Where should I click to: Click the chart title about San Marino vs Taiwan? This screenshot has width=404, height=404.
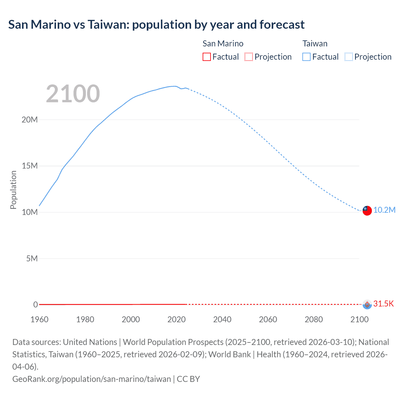156,25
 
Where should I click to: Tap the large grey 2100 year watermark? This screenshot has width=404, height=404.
73,94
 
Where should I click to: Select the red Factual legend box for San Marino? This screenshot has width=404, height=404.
206,57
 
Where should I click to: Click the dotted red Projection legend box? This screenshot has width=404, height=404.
249,57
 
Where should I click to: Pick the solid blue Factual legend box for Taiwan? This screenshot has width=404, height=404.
306,57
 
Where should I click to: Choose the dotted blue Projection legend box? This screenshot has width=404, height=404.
348,57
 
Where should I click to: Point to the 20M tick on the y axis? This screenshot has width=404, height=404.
30,120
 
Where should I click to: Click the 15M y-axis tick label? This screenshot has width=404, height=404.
30,166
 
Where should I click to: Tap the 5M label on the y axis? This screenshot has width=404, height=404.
32,258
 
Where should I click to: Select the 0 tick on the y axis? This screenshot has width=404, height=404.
35,305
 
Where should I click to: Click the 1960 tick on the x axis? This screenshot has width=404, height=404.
39,319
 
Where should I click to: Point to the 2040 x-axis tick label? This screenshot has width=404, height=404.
222,319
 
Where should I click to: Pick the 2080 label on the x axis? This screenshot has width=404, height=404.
314,319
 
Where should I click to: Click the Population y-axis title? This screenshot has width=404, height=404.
13,190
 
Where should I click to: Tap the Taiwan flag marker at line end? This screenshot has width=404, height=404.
367,211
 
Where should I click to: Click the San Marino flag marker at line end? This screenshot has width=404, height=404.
367,304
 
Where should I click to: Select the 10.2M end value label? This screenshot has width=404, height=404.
384,210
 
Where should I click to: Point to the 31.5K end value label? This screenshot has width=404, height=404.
383,304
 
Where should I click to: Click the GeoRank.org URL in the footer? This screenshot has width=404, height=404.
92,379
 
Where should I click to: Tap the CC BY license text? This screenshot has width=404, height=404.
188,379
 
